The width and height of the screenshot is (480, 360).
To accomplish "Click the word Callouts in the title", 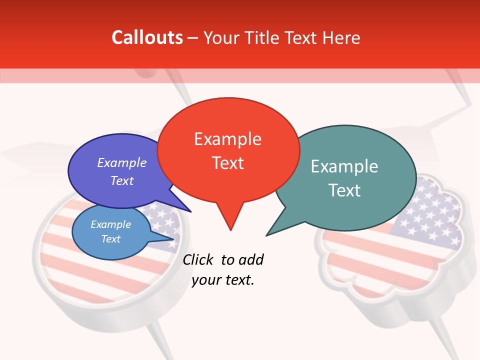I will [x=147, y=37].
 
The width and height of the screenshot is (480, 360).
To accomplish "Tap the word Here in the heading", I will [x=339, y=37].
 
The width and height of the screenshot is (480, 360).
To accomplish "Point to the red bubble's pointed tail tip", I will [x=230, y=229].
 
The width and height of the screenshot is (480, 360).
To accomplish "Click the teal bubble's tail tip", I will [x=267, y=235].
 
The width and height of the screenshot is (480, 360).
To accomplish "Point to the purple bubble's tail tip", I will [x=190, y=211].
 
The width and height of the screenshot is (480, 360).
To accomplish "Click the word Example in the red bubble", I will [x=227, y=139].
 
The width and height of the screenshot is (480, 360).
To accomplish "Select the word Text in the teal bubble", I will [x=344, y=190].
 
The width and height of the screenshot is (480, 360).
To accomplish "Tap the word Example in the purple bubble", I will [x=122, y=162].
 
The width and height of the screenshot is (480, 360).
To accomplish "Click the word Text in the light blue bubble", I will [x=111, y=239].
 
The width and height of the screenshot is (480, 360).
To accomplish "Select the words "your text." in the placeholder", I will [x=223, y=280].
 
